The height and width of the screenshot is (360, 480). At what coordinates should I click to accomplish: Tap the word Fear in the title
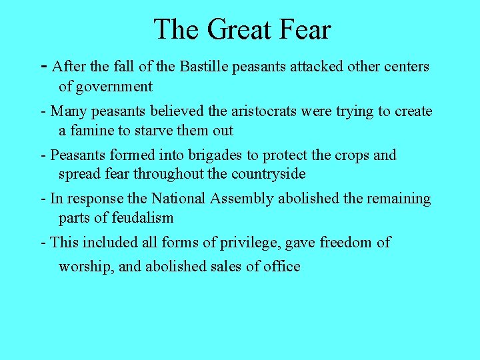pyautogui.click(x=305, y=30)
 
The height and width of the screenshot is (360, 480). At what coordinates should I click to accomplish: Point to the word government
pyautogui.click(x=115, y=87)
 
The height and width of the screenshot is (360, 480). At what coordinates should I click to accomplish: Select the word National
pyautogui.click(x=179, y=199)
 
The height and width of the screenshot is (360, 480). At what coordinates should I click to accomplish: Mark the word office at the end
pyautogui.click(x=282, y=267)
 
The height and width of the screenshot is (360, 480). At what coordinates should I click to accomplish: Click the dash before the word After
pyautogui.click(x=44, y=66)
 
